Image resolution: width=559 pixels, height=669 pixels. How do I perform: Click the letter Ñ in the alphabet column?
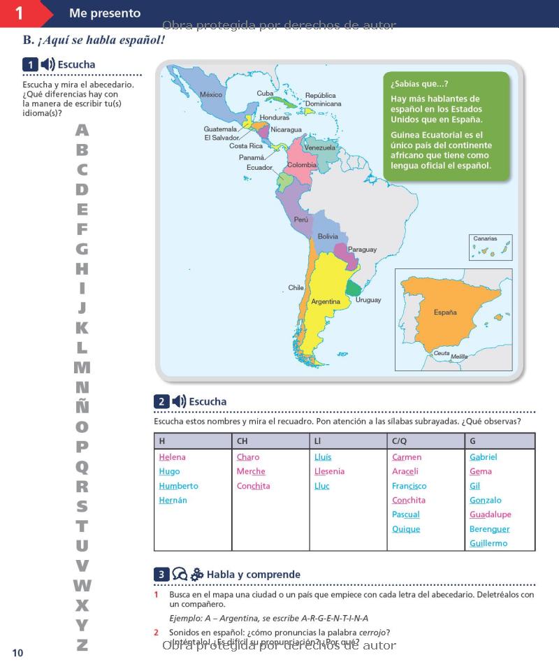82,405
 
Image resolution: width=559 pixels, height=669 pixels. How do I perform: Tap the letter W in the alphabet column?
82,585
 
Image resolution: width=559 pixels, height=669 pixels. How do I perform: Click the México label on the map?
211,94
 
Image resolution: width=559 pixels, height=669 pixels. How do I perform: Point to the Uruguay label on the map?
368,300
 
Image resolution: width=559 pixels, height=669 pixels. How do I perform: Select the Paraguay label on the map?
362,250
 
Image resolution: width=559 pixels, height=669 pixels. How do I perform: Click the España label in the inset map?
445,312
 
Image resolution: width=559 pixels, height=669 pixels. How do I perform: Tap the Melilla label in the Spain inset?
459,357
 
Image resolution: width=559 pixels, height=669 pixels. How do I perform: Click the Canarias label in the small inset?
485,239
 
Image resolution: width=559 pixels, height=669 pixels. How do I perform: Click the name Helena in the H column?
172,457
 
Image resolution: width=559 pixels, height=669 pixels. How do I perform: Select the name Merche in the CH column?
251,472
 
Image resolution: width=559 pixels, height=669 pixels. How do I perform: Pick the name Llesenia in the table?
329,472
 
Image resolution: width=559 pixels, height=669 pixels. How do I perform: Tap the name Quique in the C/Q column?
406,529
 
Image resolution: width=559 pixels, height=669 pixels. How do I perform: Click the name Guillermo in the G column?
488,543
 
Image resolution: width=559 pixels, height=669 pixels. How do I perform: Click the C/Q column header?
400,441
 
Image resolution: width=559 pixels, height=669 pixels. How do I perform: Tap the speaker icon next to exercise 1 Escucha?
48,65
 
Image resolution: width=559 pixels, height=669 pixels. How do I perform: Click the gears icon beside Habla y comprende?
197,575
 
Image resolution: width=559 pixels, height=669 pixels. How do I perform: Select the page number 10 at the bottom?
17,653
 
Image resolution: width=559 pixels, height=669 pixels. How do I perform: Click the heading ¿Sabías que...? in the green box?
419,84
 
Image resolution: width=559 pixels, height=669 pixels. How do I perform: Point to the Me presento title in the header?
105,13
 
